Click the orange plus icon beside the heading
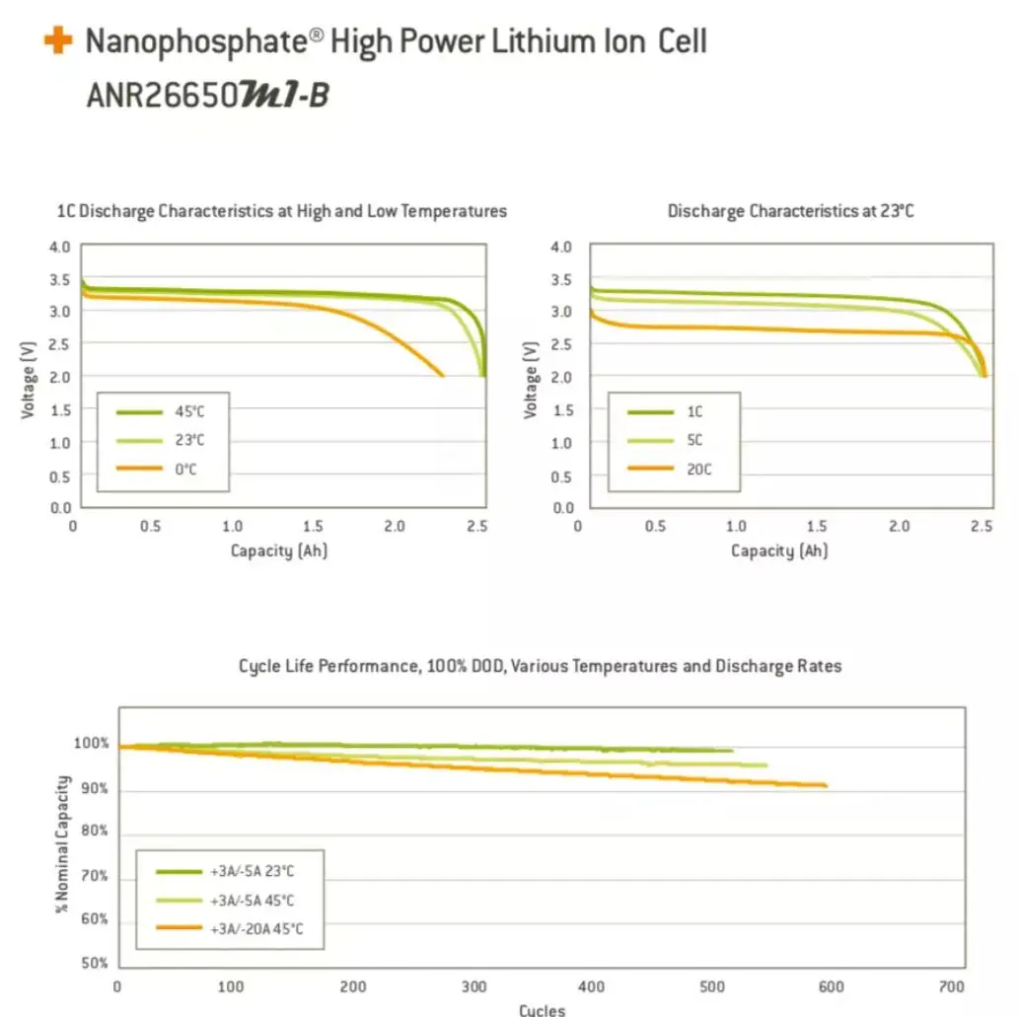point(57,41)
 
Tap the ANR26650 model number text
point(163,96)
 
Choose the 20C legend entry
point(696,469)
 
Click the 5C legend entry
point(695,441)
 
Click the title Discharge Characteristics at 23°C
point(790,211)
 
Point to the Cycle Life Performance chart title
point(540,666)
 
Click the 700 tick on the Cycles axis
point(952,986)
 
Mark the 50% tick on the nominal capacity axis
point(95,963)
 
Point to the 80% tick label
point(95,832)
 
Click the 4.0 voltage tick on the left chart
point(60,247)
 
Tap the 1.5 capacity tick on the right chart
point(817,527)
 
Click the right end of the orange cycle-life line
point(826,786)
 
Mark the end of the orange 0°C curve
point(442,376)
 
